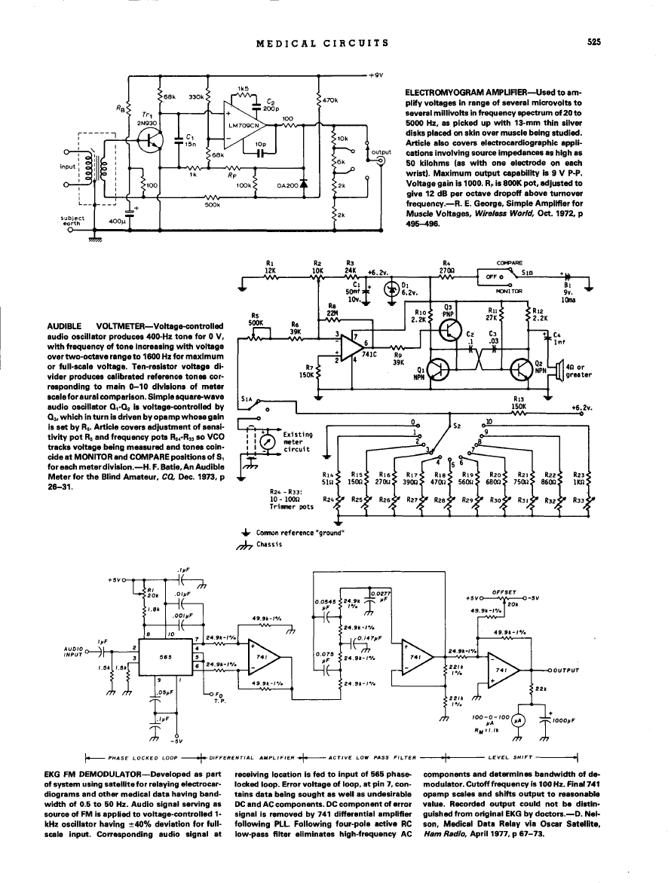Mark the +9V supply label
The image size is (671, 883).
tap(377, 75)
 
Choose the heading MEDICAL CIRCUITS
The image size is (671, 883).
tap(323, 43)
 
